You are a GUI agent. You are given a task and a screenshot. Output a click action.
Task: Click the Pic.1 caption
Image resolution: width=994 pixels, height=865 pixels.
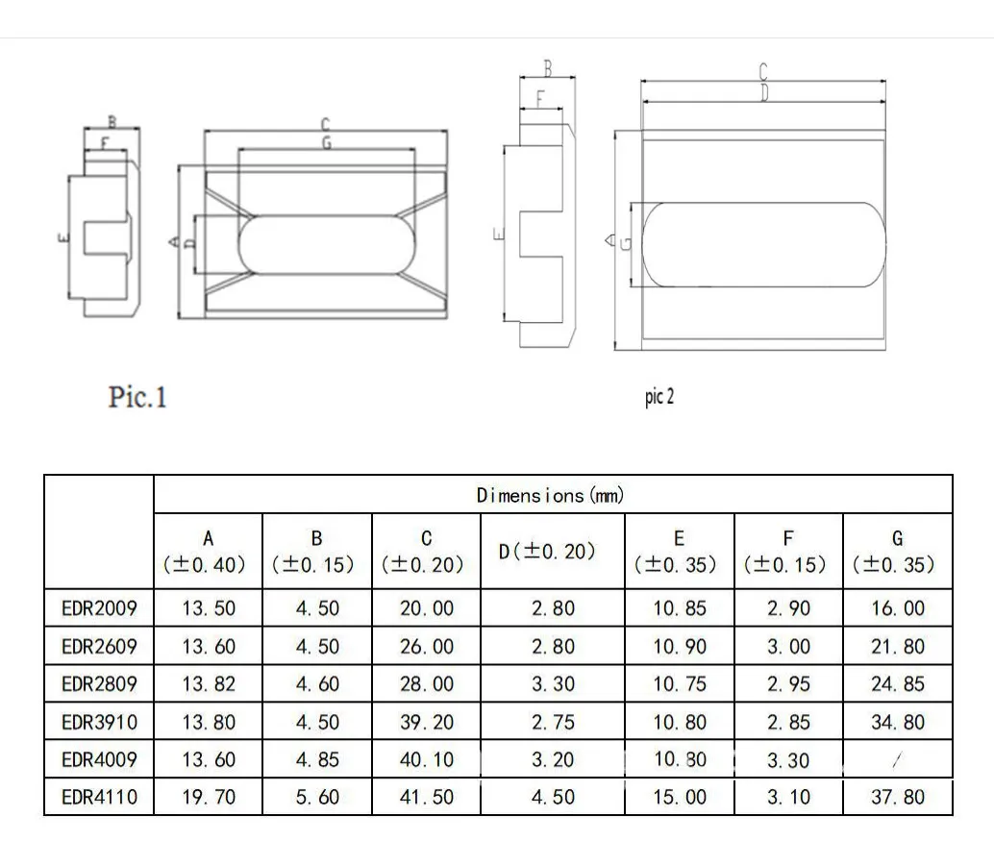137,397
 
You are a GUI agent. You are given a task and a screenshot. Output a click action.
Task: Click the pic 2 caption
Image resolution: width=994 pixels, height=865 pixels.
659,397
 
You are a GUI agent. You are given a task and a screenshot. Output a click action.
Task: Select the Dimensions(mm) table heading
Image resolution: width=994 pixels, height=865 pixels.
550,495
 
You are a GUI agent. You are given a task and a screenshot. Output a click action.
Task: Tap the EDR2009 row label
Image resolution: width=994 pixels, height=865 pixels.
99,608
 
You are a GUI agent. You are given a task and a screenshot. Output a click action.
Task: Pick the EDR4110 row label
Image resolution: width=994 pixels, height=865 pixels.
99,797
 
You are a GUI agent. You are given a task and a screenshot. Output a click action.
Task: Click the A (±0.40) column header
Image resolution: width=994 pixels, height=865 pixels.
209,552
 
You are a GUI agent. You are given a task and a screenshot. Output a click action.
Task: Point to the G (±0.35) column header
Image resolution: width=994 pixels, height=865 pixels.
897,552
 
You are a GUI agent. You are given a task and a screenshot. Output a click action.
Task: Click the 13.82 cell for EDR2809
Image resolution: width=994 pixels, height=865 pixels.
209,684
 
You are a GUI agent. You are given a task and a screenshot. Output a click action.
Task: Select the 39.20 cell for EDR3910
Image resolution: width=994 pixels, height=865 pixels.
426,722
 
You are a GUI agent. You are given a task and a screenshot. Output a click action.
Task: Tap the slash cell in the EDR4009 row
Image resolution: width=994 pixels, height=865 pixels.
897,760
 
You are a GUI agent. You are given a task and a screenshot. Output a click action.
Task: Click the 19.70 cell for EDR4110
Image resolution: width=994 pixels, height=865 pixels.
209,797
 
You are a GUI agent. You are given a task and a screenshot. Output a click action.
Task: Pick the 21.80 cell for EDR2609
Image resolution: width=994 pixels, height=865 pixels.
897,647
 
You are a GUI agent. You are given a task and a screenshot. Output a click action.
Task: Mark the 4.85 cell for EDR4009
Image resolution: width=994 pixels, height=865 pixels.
317,760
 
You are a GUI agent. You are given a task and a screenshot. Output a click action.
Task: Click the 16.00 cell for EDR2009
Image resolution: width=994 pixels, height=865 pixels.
897,608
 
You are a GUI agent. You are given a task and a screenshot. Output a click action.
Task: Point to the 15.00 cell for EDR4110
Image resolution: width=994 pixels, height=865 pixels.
680,797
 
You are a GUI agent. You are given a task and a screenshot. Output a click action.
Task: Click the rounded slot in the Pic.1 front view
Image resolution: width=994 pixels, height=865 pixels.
326,244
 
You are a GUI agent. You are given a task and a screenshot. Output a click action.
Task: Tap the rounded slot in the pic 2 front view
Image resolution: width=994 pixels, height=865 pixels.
761,244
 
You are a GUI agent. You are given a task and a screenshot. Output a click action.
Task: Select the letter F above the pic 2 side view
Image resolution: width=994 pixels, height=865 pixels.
539,98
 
